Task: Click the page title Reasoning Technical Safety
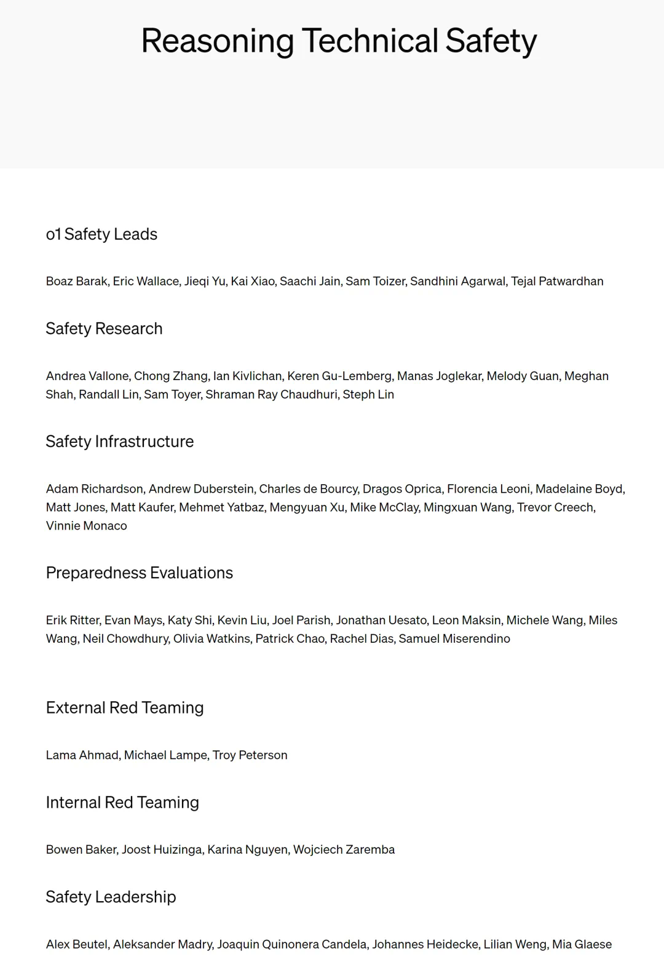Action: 339,41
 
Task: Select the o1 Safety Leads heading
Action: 101,234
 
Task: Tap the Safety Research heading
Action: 104,329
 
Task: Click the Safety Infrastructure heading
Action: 119,442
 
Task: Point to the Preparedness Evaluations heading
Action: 139,573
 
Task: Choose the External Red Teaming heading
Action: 124,708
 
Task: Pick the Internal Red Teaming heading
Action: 122,803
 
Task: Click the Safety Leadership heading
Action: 111,897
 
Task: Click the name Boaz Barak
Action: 76,282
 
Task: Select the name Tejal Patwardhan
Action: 557,282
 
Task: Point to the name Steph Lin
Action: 368,395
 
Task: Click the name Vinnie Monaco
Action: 86,526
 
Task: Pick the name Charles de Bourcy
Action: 308,489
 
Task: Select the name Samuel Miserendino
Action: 454,639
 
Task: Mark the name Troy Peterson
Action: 250,755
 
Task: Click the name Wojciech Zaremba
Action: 344,850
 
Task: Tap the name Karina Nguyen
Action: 247,850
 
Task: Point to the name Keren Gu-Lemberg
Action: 339,376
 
